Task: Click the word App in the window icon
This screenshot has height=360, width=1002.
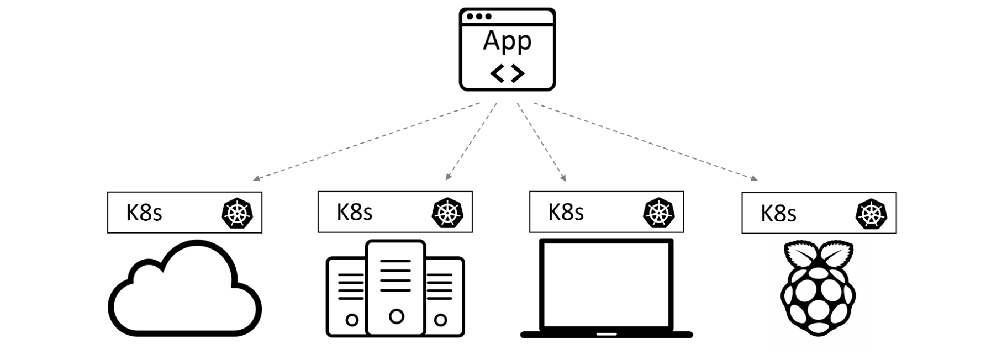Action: (x=507, y=41)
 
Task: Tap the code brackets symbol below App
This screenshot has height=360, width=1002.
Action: (x=507, y=73)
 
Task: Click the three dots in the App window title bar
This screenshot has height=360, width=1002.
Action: (x=479, y=17)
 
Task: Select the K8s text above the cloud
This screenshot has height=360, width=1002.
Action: (x=144, y=213)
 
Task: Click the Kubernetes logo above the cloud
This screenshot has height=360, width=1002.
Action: (x=237, y=213)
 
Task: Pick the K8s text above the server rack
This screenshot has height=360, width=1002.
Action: (x=355, y=212)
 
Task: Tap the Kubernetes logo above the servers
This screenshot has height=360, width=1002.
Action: (x=447, y=213)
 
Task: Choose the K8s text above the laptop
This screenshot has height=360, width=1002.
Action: (x=566, y=212)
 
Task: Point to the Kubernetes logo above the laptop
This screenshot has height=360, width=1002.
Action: (x=659, y=213)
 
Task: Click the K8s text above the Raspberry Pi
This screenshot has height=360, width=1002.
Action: (x=778, y=214)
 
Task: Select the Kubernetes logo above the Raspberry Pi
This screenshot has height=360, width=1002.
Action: (x=871, y=214)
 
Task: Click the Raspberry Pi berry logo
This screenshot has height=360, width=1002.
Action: (x=819, y=298)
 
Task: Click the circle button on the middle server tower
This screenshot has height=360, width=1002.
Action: (x=396, y=316)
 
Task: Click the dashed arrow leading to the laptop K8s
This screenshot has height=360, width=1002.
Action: (x=541, y=141)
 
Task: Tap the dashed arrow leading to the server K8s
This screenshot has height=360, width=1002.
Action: (x=471, y=141)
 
